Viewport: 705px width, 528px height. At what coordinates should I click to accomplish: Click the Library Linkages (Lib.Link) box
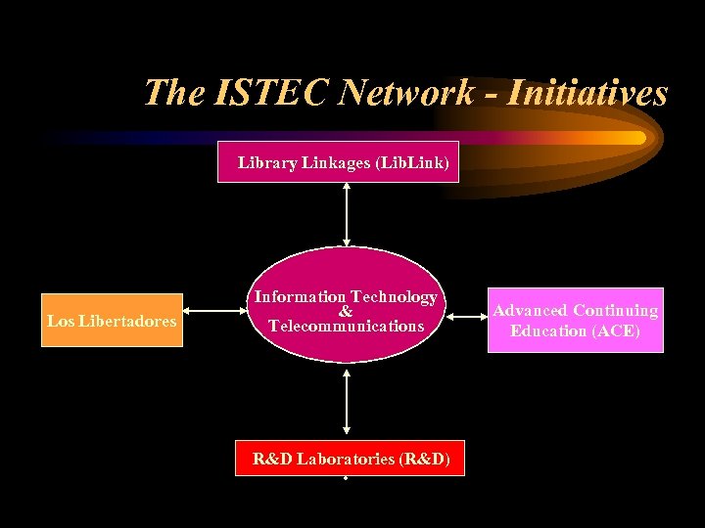(x=344, y=163)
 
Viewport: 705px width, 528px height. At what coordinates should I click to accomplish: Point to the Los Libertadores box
(x=113, y=320)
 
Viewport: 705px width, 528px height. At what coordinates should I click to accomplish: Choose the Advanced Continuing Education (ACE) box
(x=575, y=320)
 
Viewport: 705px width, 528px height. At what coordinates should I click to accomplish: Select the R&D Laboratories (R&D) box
(x=351, y=458)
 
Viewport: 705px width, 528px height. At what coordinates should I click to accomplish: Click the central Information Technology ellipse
(x=345, y=304)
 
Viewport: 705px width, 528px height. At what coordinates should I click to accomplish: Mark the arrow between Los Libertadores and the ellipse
(x=214, y=313)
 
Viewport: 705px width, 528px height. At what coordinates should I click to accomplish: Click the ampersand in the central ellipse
(x=346, y=311)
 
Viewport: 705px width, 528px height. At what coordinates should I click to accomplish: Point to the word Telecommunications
(x=346, y=326)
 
